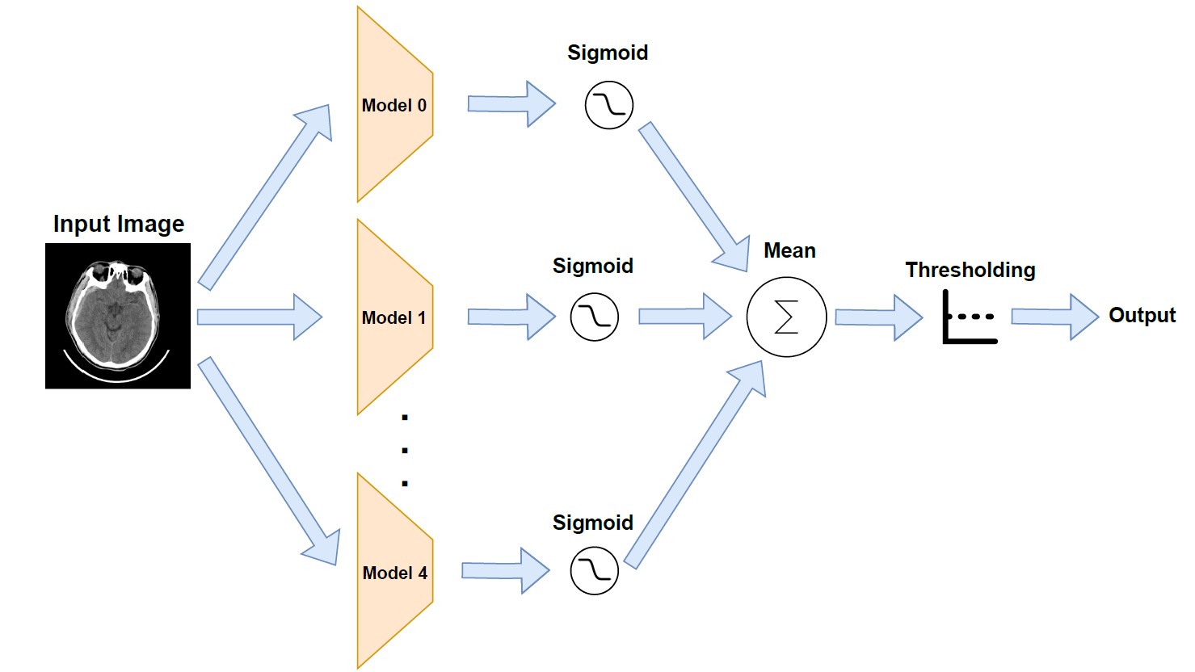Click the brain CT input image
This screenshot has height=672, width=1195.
click(118, 316)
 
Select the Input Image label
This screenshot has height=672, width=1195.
click(119, 224)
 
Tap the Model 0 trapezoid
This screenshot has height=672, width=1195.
click(394, 105)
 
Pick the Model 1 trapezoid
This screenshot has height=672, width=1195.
click(394, 317)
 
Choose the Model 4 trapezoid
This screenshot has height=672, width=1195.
click(394, 572)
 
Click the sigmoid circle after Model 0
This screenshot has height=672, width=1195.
click(608, 105)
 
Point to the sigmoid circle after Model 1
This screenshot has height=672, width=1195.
click(594, 317)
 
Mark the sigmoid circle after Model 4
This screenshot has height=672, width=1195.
click(594, 570)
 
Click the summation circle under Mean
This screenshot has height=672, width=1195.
click(786, 317)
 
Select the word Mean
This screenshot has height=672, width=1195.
click(789, 251)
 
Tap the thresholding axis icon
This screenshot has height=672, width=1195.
click(969, 317)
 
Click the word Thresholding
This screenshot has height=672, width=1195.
click(970, 270)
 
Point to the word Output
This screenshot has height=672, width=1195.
click(1142, 315)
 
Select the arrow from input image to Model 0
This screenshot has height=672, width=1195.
click(265, 196)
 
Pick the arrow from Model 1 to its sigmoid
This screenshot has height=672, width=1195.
click(511, 317)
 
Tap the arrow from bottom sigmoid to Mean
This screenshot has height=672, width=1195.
click(695, 464)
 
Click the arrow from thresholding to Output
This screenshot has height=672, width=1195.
click(1054, 317)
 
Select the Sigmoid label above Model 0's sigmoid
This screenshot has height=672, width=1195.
click(608, 52)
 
